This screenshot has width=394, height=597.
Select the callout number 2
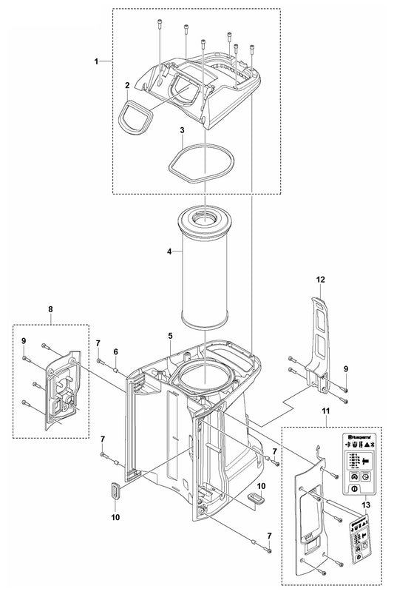coord(128,86)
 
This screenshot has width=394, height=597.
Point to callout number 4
coord(169,252)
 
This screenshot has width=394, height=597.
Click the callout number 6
coord(116,351)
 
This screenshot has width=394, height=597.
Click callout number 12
coord(320,280)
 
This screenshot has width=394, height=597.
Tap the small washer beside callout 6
coord(117,362)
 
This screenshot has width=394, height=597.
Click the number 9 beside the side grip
coord(344,368)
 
